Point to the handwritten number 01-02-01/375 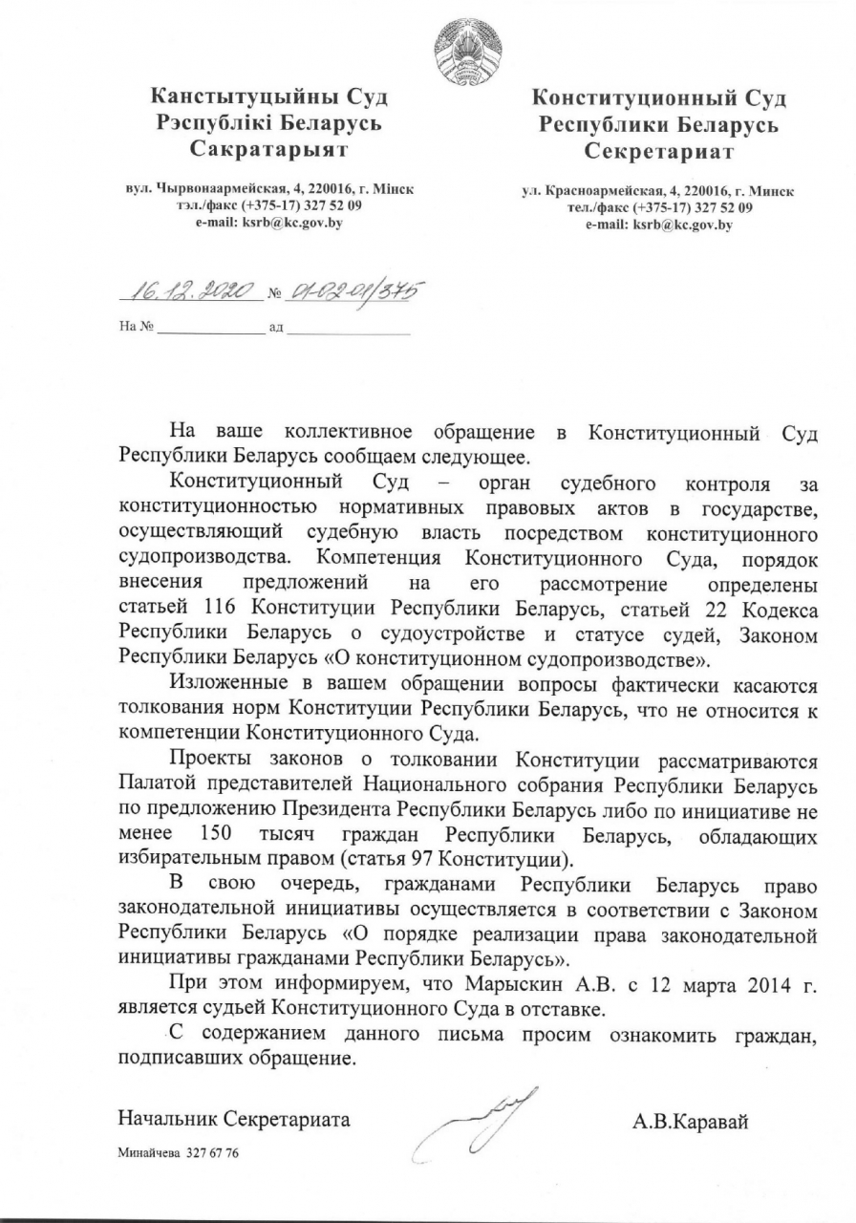coord(354,290)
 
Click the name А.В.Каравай coord(690,1121)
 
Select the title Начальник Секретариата coord(233,1119)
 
